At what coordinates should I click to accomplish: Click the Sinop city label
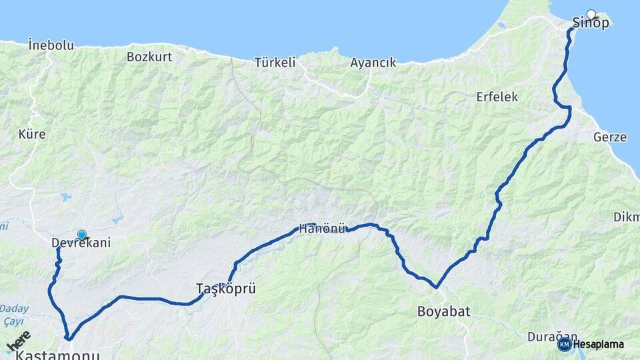pos(591,23)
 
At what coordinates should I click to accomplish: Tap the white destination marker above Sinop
pos(591,13)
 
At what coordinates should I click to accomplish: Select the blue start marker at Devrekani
pos(81,235)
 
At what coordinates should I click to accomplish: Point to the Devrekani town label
pos(81,243)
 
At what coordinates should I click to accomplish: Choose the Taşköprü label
pos(226,289)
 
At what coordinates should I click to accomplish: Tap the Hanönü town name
pos(322,229)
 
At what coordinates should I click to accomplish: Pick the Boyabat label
pos(444,311)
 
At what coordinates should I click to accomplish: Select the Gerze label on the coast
pos(609,137)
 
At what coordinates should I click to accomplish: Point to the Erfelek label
pos(497,97)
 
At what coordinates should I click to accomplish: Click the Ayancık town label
pos(373,63)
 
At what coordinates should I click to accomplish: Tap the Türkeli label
pos(275,63)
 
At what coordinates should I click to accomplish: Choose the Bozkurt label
pos(149,57)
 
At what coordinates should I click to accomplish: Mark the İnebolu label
pos(51,45)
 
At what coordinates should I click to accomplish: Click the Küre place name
pos(32,134)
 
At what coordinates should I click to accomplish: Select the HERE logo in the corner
pos(18,341)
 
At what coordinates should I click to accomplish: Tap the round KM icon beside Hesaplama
pos(564,344)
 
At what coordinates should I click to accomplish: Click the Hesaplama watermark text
pos(598,345)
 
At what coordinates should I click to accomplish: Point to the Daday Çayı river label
pos(14,314)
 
